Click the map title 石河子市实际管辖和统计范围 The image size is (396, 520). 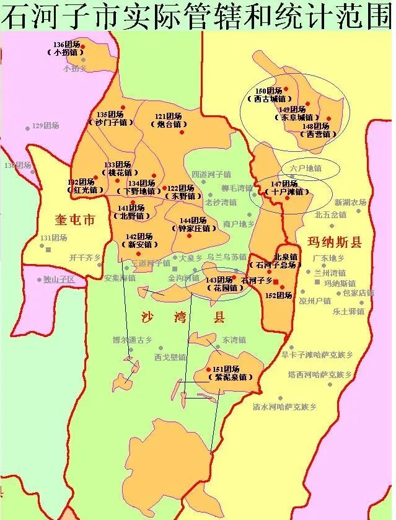[x=197, y=15]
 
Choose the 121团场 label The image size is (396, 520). [x=169, y=117]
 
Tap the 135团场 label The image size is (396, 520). [x=110, y=115]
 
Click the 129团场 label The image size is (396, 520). [x=46, y=126]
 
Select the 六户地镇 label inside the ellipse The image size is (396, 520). [x=305, y=168]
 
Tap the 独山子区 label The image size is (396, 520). [x=59, y=280]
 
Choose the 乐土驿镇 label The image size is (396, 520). [x=348, y=311]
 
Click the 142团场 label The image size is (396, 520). [x=139, y=237]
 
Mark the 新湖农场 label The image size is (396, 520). [x=351, y=202]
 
